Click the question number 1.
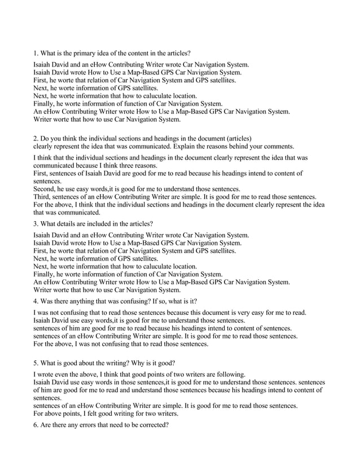click(x=36, y=53)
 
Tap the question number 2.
click(x=36, y=137)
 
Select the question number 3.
click(x=36, y=223)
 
